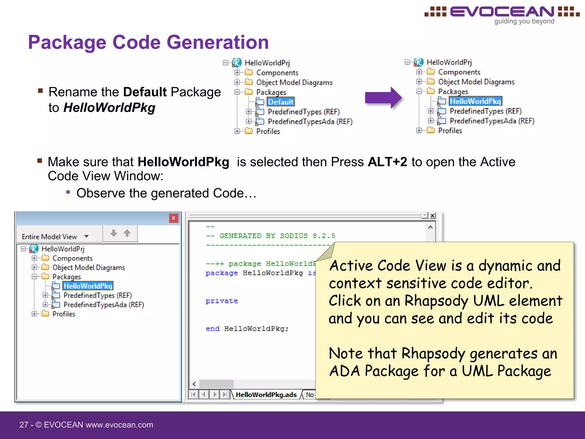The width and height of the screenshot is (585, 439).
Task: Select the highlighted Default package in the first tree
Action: [x=281, y=102]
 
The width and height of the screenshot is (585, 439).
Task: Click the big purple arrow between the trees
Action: [x=383, y=98]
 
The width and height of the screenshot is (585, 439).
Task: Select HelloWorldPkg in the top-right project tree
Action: [x=475, y=101]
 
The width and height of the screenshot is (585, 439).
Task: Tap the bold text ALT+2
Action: [x=387, y=162]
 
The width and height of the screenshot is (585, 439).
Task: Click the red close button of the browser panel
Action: [x=173, y=218]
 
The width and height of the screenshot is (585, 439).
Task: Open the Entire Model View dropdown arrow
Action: [x=86, y=236]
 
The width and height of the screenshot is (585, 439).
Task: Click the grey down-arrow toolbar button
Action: [x=114, y=233]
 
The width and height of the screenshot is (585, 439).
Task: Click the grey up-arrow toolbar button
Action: [x=127, y=233]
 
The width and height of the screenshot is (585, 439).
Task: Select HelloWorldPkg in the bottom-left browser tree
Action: [x=88, y=286]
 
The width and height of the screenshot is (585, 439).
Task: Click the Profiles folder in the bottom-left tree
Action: [x=63, y=314]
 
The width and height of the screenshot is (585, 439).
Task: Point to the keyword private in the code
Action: [x=222, y=301]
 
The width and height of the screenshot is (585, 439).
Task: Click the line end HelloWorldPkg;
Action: [x=247, y=329]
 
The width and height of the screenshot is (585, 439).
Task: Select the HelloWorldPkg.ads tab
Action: [x=266, y=395]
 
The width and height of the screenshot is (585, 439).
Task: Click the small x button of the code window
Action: [x=432, y=215]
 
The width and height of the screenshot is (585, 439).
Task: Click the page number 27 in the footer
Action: [x=24, y=425]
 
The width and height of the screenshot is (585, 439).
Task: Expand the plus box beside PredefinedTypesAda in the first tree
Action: [x=249, y=121]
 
